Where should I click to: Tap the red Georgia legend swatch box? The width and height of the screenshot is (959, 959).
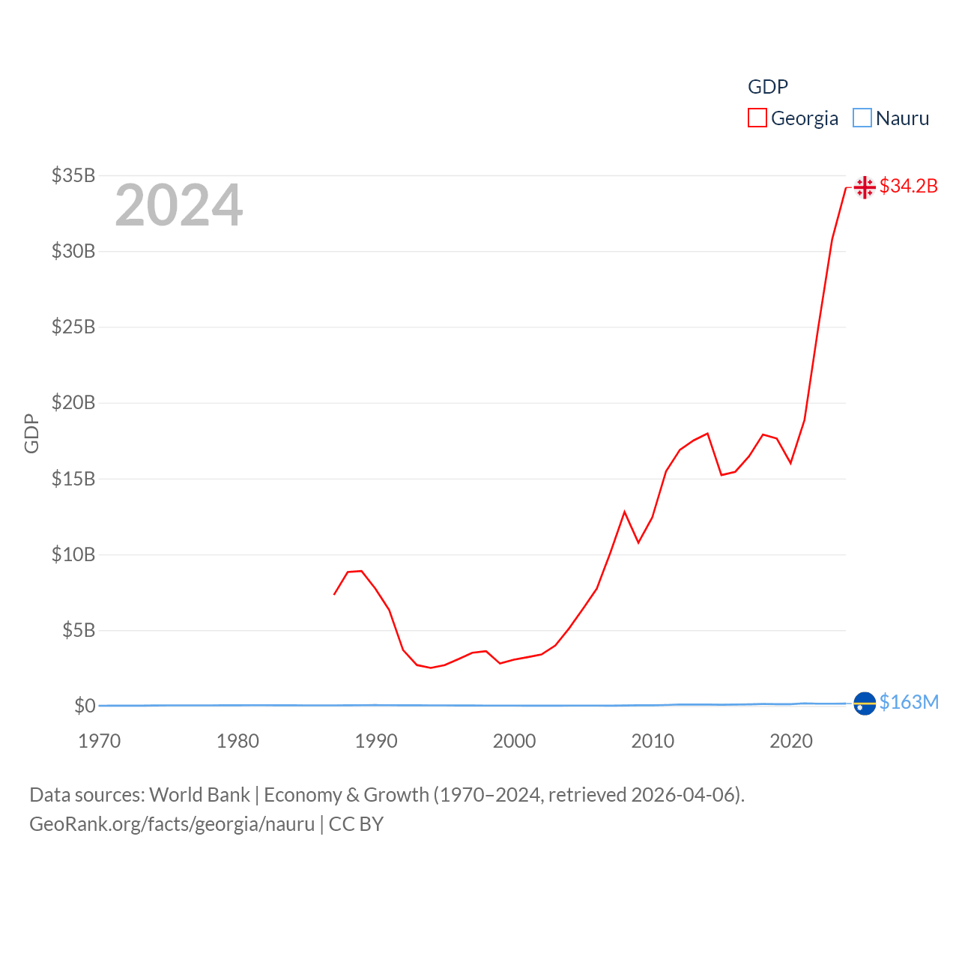pos(757,118)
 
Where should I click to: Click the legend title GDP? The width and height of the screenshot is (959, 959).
pos(768,87)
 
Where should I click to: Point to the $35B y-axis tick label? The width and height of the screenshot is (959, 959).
pos(73,175)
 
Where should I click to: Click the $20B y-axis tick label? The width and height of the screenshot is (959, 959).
pos(73,402)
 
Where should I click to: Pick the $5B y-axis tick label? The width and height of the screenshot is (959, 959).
pos(79,630)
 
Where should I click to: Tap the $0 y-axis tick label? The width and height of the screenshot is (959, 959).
pos(85,706)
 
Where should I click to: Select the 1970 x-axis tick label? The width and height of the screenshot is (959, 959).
pos(100,741)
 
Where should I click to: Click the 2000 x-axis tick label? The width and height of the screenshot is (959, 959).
pos(514,741)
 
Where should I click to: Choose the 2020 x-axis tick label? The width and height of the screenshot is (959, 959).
pos(791,741)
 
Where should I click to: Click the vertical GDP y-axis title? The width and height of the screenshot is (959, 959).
pos(31,433)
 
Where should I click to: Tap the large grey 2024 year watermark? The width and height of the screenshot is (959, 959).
pos(179,205)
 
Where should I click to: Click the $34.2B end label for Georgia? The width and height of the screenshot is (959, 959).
pos(908,186)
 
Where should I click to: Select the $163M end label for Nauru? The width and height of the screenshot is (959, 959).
pos(909,702)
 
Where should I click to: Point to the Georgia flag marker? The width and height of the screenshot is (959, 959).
pos(865,187)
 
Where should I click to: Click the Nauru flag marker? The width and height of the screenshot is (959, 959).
pos(865,704)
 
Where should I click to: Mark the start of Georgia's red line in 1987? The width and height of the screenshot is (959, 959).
pos(334,594)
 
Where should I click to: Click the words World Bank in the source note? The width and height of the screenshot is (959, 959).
pos(199,795)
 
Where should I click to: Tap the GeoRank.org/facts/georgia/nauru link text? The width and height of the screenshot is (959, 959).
pos(172,824)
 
